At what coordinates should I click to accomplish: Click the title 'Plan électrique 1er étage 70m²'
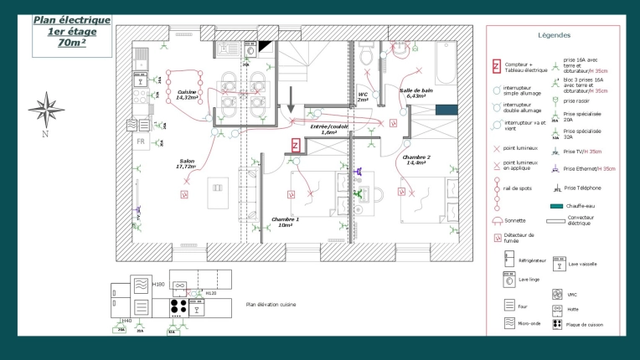[x=71, y=33]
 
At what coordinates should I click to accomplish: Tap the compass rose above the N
[x=46, y=109]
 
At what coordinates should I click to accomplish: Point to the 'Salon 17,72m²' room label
[x=185, y=164]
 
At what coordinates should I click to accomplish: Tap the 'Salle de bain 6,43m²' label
[x=416, y=93]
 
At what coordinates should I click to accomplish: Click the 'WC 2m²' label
[x=364, y=97]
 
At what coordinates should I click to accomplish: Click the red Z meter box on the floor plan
[x=296, y=145]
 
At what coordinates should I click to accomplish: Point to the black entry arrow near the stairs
[x=291, y=100]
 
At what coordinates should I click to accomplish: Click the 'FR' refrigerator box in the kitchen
[x=142, y=142]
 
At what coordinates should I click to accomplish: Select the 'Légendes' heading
[x=555, y=36]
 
